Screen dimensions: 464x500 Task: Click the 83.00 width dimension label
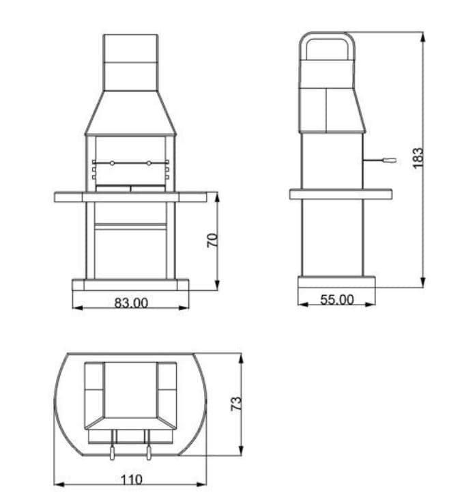click(x=131, y=303)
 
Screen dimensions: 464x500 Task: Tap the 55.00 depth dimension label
click(x=336, y=299)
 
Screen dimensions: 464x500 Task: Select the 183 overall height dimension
click(x=418, y=158)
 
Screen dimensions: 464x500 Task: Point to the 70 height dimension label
click(x=212, y=240)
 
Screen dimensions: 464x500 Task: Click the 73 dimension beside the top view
click(x=236, y=404)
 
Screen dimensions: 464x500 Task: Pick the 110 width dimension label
click(x=131, y=480)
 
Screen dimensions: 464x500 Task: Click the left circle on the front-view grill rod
click(x=112, y=163)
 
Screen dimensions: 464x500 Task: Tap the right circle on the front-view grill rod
click(x=149, y=163)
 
